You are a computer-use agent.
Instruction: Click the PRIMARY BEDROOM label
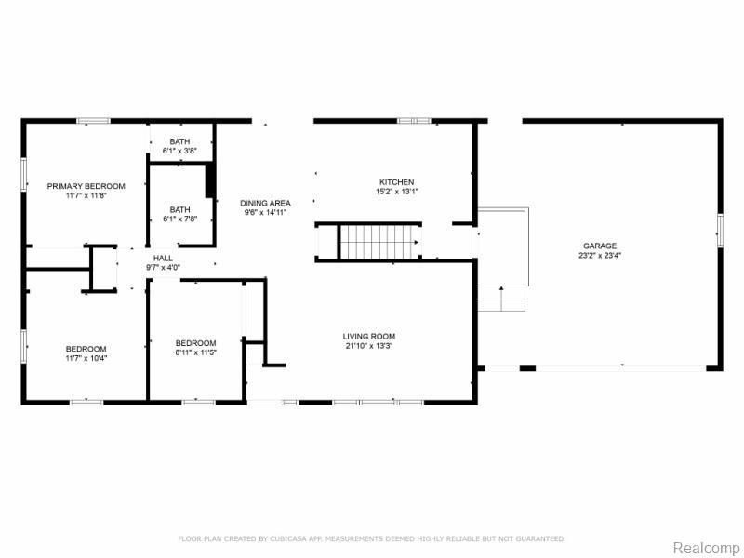coord(86,186)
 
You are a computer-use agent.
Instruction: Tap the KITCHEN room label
coord(397,182)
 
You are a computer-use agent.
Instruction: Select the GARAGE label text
coord(600,246)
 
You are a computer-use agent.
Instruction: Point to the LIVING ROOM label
coord(368,337)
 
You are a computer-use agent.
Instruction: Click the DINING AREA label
coord(265,203)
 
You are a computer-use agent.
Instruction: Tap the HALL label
coord(163,259)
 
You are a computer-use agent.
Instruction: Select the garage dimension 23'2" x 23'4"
coord(600,255)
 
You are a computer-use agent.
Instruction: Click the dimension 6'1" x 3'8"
coord(179,151)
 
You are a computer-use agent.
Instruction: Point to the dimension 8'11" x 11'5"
coord(195,352)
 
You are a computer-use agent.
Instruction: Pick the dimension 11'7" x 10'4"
coord(86,358)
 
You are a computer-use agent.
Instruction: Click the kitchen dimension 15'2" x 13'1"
coord(397,192)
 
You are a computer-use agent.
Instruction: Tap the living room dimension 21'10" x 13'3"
coord(368,346)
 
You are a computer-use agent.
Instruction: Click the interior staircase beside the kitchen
coord(379,242)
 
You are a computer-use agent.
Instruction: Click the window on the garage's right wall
coord(720,231)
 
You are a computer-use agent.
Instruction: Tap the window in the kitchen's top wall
coord(414,121)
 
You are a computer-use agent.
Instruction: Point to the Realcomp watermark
coord(706,548)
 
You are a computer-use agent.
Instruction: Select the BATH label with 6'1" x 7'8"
coord(179,210)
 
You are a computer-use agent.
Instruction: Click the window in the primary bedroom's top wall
coord(94,121)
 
